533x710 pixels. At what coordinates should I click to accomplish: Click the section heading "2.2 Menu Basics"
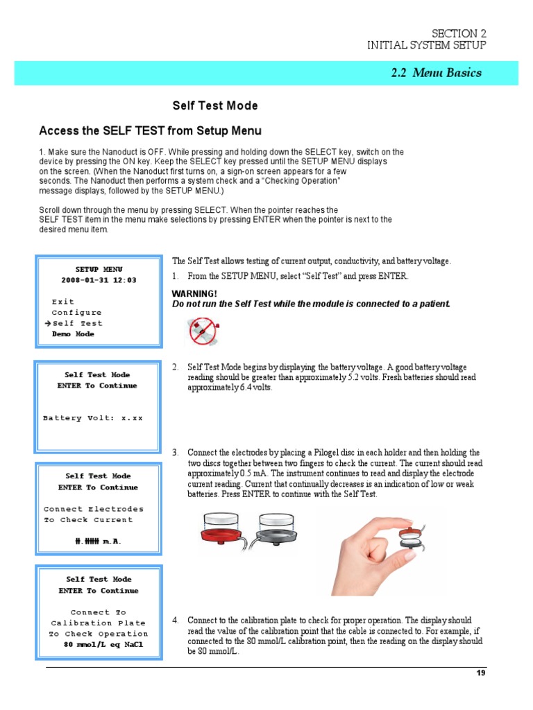click(x=436, y=73)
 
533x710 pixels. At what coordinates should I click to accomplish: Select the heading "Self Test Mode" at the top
click(x=215, y=106)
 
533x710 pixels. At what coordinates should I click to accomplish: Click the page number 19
click(x=480, y=673)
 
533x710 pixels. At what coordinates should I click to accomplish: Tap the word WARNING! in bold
click(x=194, y=294)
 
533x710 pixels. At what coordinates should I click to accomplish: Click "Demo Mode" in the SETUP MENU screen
click(x=73, y=334)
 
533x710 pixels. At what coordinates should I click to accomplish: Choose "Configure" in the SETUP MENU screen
click(x=76, y=313)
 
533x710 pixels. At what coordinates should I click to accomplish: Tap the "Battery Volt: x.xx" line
click(x=92, y=418)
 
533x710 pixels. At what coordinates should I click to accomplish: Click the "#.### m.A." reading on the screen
click(x=98, y=541)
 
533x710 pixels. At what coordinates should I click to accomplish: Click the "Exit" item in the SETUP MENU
click(x=62, y=302)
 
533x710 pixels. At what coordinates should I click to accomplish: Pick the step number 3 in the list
click(x=176, y=452)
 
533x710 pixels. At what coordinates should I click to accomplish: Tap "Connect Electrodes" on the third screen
click(x=94, y=509)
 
